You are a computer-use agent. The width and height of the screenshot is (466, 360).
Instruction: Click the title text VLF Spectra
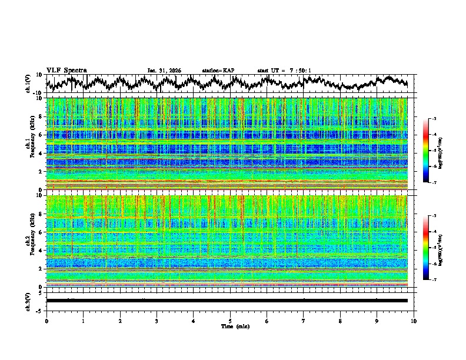66,70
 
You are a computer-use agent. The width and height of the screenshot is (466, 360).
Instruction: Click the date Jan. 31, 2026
164,71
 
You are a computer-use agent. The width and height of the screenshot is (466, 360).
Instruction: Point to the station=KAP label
218,71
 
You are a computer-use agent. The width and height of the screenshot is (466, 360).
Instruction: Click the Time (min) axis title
230,326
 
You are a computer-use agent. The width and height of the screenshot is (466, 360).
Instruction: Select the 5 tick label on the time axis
230,321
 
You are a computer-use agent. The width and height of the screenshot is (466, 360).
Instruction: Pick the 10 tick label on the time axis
414,321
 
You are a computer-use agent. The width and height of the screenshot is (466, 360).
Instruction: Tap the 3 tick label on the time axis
157,321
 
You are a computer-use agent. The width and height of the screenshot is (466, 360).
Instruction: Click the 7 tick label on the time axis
304,321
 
